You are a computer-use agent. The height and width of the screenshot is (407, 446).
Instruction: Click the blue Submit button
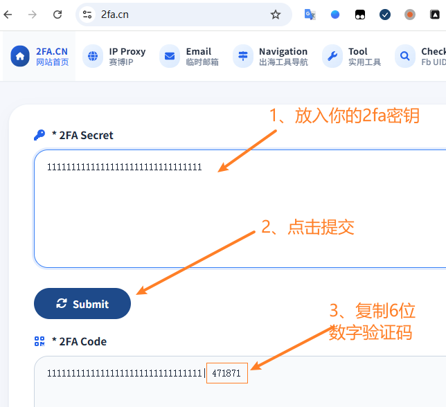82,304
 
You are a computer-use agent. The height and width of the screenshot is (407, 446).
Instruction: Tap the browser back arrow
8,15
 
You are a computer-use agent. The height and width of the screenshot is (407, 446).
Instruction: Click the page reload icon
57,15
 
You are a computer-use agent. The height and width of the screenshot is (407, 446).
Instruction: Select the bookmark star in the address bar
276,15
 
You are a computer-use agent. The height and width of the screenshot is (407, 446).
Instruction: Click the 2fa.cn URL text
115,15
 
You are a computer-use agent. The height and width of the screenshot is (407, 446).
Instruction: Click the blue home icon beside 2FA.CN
20,56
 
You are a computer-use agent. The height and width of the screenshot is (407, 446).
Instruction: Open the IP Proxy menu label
127,51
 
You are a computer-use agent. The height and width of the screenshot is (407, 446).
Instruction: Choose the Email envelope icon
170,56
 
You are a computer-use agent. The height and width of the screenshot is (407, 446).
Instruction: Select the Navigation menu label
283,51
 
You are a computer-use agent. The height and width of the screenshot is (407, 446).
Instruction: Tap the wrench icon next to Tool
332,56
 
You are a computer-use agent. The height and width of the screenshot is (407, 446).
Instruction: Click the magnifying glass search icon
405,56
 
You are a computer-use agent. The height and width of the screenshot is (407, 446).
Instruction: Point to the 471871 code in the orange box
226,373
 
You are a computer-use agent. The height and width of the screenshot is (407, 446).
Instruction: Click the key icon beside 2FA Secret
39,135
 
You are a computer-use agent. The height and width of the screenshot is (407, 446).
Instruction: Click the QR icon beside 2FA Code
39,341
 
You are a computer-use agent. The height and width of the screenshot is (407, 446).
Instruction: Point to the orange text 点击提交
321,227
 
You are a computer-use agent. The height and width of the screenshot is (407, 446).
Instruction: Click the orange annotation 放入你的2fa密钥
357,116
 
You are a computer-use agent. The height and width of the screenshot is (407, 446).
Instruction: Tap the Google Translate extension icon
310,15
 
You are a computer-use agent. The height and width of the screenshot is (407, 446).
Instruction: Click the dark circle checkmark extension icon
385,15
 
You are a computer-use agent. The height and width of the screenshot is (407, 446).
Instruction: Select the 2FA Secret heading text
86,135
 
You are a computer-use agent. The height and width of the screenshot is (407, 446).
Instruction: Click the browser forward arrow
33,15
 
